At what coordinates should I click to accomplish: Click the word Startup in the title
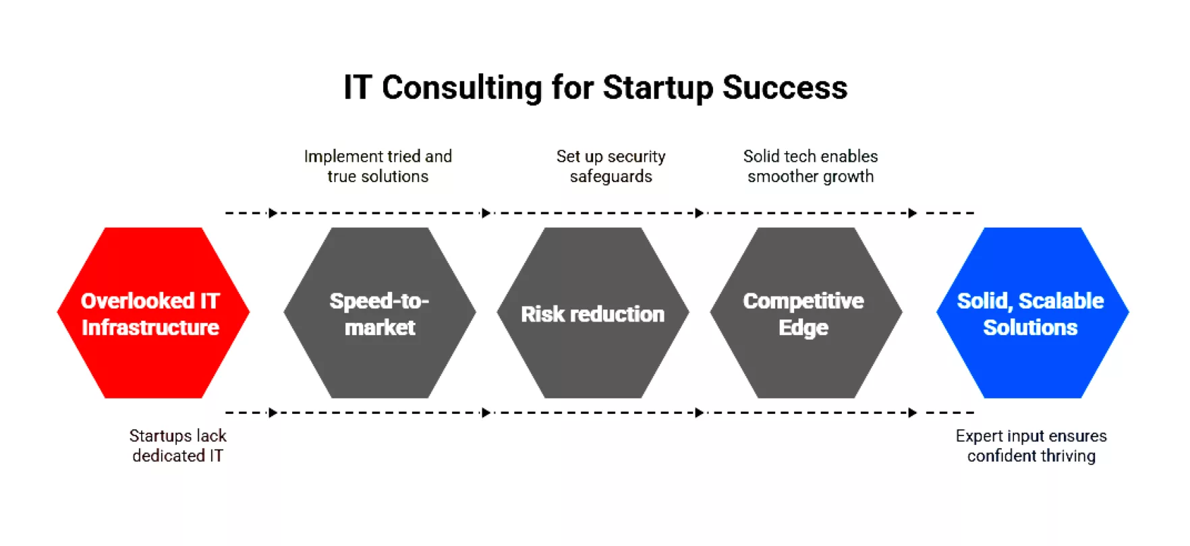pos(657,88)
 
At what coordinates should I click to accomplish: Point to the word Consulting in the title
pos(461,88)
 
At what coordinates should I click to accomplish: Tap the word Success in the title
pos(785,88)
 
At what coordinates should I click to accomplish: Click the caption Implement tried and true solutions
pos(378,166)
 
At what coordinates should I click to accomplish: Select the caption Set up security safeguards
pos(611,166)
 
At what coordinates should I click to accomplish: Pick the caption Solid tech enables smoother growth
pos(810,166)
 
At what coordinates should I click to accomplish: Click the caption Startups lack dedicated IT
pos(177,446)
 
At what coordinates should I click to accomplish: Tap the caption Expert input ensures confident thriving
pos(1031,446)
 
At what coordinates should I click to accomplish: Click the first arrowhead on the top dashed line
pos(273,213)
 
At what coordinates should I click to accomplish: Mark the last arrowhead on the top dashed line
pos(912,213)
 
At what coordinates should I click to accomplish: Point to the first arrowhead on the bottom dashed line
pos(273,413)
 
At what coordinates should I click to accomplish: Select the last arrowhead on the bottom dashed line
pos(912,413)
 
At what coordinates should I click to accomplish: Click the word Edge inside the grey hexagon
pos(803,328)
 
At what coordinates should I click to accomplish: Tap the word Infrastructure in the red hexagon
pos(150,328)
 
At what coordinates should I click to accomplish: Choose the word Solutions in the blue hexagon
pos(1030,328)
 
